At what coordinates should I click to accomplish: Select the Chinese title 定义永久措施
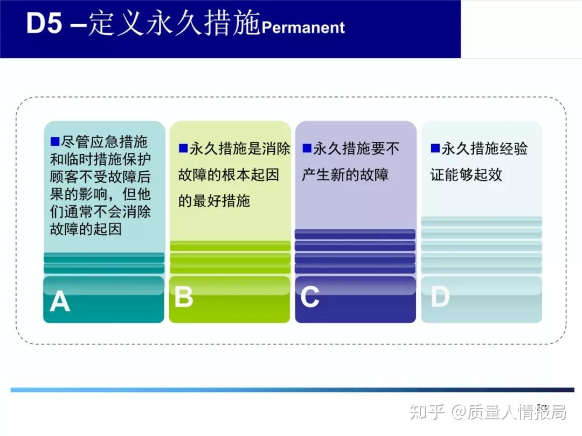coord(174,24)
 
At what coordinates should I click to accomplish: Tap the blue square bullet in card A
coord(54,142)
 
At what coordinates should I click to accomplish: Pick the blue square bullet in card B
coord(183,147)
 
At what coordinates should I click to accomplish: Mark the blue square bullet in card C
coord(307,147)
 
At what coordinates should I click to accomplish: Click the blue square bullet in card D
coord(435,147)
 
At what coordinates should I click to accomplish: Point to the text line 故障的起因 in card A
coord(86,229)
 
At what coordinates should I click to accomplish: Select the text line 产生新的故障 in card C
coord(345,174)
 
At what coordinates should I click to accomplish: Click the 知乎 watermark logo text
coord(427,412)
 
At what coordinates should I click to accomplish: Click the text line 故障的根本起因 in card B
coord(228,174)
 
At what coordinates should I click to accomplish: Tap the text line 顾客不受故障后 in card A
coord(100,177)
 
